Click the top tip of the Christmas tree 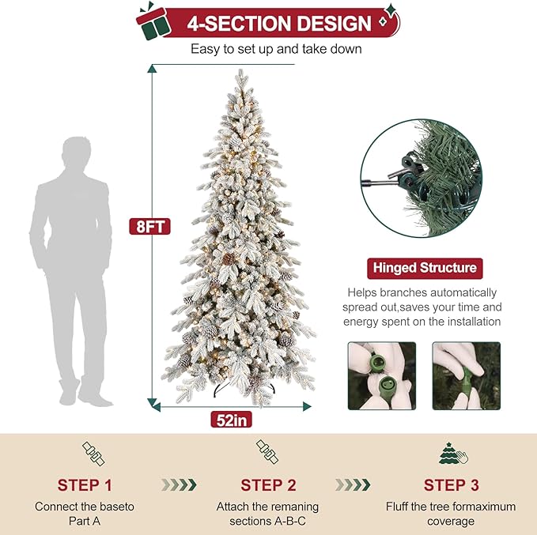coord(239,73)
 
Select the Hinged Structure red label coord(424,268)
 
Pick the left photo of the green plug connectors coord(381,375)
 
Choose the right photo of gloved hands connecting coord(466,375)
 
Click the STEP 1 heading coord(89,484)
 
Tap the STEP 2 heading coord(267,484)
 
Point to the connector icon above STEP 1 coord(93,453)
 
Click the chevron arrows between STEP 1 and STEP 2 coord(178,484)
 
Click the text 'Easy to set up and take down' coord(276,49)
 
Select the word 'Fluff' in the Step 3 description coord(399,506)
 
